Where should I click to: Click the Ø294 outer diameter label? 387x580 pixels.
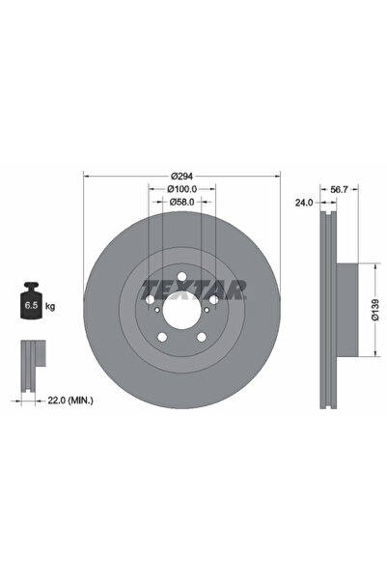click(x=182, y=175)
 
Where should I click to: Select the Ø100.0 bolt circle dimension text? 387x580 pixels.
click(x=182, y=188)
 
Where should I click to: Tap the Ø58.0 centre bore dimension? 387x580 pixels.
click(x=182, y=202)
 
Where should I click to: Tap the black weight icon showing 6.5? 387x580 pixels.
click(x=31, y=302)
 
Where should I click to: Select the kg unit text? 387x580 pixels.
click(x=50, y=305)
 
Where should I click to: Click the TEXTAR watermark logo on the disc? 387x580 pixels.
click(x=194, y=288)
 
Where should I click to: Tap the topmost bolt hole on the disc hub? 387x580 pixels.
click(x=182, y=279)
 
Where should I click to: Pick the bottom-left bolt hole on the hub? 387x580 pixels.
click(x=163, y=336)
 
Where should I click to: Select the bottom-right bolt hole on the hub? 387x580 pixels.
click(x=202, y=336)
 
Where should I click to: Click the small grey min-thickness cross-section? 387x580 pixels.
click(x=31, y=357)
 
